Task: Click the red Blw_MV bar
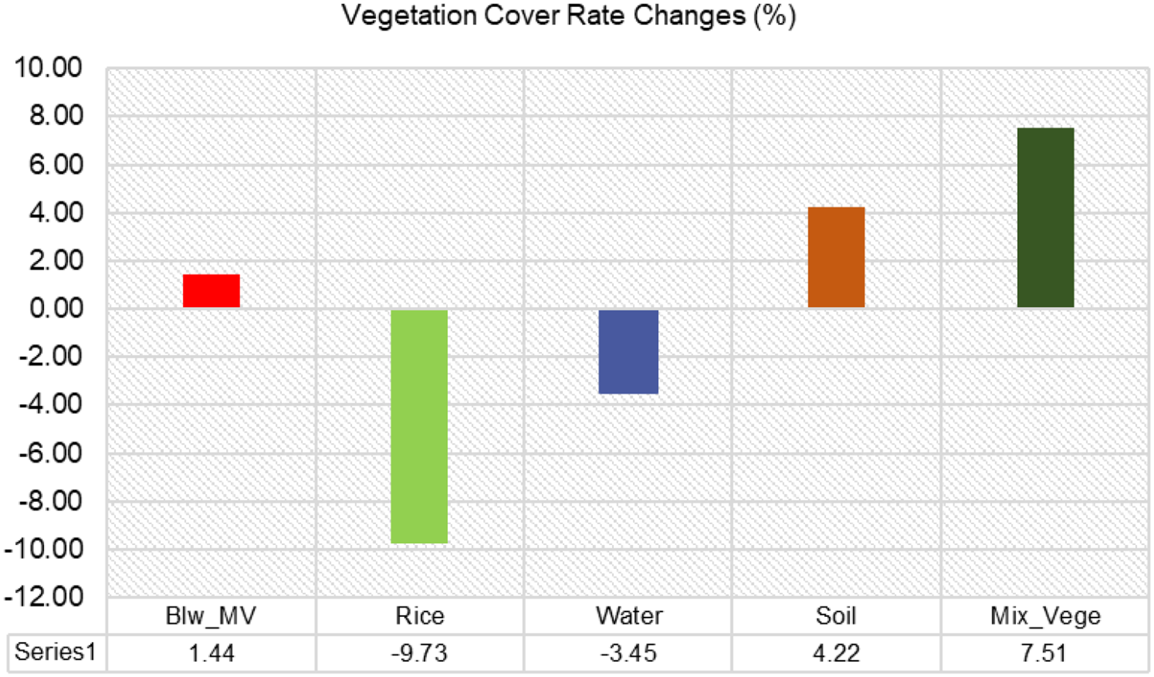click(211, 291)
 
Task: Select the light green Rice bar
click(419, 426)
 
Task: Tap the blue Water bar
click(628, 352)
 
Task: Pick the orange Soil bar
click(836, 257)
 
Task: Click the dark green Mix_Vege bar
click(1045, 218)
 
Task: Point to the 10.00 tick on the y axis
click(47, 68)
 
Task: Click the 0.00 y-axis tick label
click(56, 308)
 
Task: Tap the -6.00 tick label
click(50, 453)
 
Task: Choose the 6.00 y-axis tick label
click(56, 165)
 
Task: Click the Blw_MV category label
click(211, 616)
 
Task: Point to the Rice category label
click(419, 616)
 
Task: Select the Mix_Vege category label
click(1045, 616)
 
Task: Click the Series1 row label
click(55, 652)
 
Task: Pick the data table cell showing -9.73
click(419, 653)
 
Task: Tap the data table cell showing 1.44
click(211, 653)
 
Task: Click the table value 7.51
click(1044, 653)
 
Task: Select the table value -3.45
click(628, 653)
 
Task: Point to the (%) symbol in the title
click(774, 15)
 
